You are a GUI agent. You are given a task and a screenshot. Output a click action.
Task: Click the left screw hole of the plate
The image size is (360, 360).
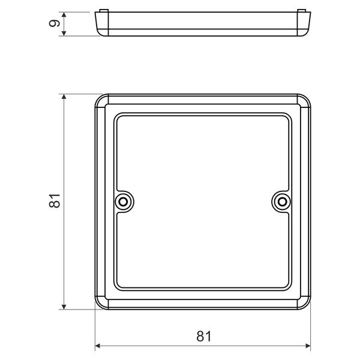click(x=123, y=202)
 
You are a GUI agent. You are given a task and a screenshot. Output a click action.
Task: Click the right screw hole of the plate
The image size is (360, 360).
click(x=282, y=202)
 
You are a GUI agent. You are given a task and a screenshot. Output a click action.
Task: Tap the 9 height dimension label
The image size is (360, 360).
click(x=55, y=23)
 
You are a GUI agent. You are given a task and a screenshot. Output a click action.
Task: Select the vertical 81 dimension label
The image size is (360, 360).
click(x=55, y=201)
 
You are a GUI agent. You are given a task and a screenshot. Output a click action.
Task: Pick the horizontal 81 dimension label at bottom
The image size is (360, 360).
click(x=204, y=337)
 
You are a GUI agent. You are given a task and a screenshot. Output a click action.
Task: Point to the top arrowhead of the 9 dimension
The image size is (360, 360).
click(x=64, y=14)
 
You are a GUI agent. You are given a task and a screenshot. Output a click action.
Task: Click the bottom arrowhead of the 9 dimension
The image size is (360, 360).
click(x=64, y=33)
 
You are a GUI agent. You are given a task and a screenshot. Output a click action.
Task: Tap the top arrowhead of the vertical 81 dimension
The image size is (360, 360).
click(x=64, y=97)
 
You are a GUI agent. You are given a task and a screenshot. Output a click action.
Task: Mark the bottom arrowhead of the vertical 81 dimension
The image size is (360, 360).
click(x=64, y=307)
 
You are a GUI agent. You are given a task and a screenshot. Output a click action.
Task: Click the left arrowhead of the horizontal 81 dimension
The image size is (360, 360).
click(x=98, y=346)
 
